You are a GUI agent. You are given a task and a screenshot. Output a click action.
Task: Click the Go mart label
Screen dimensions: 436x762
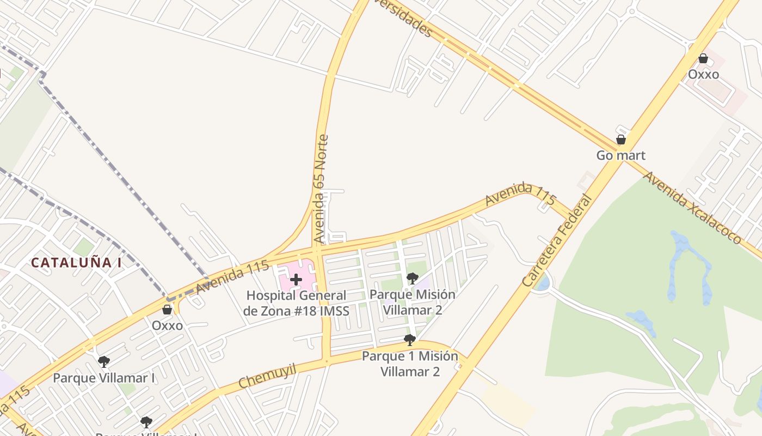[620, 155]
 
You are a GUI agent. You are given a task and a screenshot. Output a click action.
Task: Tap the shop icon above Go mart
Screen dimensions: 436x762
[620, 140]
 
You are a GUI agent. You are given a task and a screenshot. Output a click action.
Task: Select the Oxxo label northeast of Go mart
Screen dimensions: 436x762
[703, 74]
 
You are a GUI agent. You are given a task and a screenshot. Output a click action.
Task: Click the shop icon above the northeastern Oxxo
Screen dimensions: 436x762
[703, 58]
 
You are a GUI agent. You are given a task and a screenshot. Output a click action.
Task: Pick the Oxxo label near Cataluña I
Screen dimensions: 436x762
[167, 325]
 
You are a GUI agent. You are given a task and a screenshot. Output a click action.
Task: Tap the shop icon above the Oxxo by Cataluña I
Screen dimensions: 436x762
[167, 310]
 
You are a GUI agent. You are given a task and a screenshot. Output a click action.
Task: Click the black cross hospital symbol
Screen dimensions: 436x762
[296, 280]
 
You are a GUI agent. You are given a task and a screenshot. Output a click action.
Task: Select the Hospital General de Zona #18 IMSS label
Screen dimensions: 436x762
[296, 303]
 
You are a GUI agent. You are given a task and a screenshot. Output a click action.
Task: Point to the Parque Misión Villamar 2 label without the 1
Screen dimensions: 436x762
[412, 302]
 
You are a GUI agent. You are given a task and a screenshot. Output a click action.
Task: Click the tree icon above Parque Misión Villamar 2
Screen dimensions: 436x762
[412, 278]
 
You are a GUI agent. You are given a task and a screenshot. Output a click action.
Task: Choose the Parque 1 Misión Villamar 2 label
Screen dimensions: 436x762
[410, 364]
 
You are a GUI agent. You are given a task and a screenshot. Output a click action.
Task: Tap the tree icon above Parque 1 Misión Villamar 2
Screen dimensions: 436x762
[410, 341]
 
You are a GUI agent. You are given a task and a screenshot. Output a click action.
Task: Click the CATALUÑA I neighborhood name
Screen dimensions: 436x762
[76, 263]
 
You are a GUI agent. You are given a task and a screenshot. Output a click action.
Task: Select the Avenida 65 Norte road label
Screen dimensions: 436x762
[321, 189]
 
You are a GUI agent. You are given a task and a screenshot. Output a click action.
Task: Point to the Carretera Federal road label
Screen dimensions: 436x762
[556, 240]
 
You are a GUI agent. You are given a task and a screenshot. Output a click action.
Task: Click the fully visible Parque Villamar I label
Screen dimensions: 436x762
[104, 378]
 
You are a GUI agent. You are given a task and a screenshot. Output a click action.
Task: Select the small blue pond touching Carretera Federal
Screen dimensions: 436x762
[542, 283]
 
